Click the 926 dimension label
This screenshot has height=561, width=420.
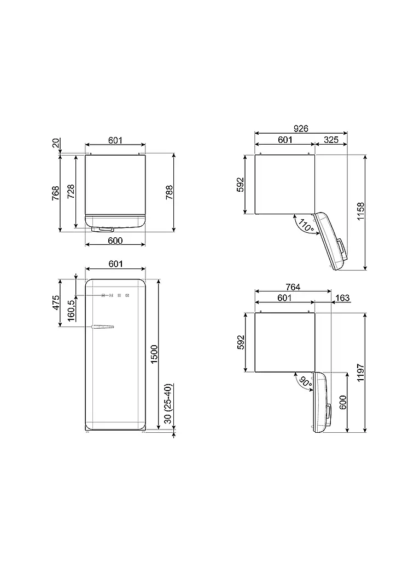coord(301,128)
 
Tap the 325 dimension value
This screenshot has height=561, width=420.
coord(331,140)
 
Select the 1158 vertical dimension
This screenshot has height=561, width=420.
coord(361,211)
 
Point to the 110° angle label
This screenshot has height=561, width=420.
coord(306,225)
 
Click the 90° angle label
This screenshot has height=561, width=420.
coord(305,382)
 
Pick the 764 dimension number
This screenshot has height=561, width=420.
coord(293,287)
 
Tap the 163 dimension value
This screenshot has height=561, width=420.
coord(342,297)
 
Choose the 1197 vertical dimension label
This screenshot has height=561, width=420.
coord(361,373)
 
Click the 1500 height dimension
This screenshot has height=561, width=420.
coord(154,354)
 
